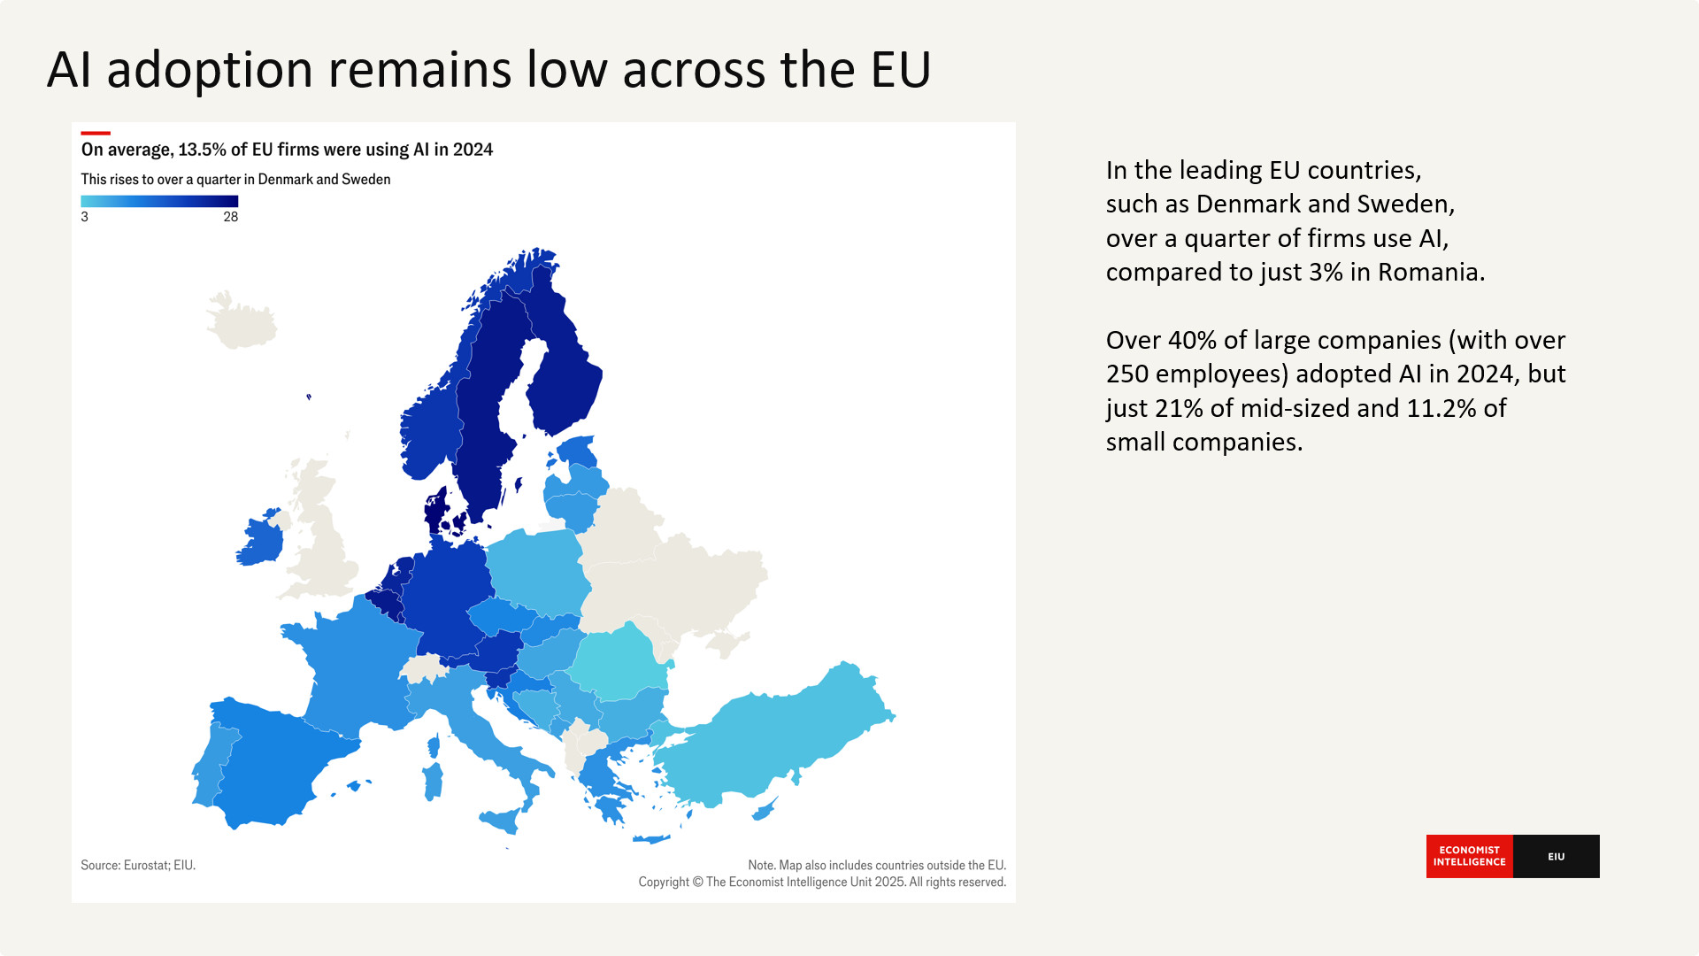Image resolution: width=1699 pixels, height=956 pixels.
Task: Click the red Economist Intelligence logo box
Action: [x=1469, y=856]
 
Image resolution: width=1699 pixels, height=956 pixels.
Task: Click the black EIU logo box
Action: [x=1556, y=856]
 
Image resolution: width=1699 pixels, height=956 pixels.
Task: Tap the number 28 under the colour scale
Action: [x=230, y=217]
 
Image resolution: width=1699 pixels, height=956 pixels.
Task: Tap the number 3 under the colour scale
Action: [x=85, y=217]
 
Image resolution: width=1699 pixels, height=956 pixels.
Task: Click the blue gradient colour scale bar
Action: [x=159, y=201]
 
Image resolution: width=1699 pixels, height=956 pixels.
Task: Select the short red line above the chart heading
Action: [x=96, y=134]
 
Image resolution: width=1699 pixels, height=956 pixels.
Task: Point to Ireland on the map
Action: [x=260, y=540]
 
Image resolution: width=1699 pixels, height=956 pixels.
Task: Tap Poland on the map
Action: [x=535, y=571]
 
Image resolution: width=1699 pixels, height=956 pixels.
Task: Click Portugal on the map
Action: [x=210, y=766]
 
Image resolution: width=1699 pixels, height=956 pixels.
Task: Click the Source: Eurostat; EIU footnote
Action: [x=138, y=865]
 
